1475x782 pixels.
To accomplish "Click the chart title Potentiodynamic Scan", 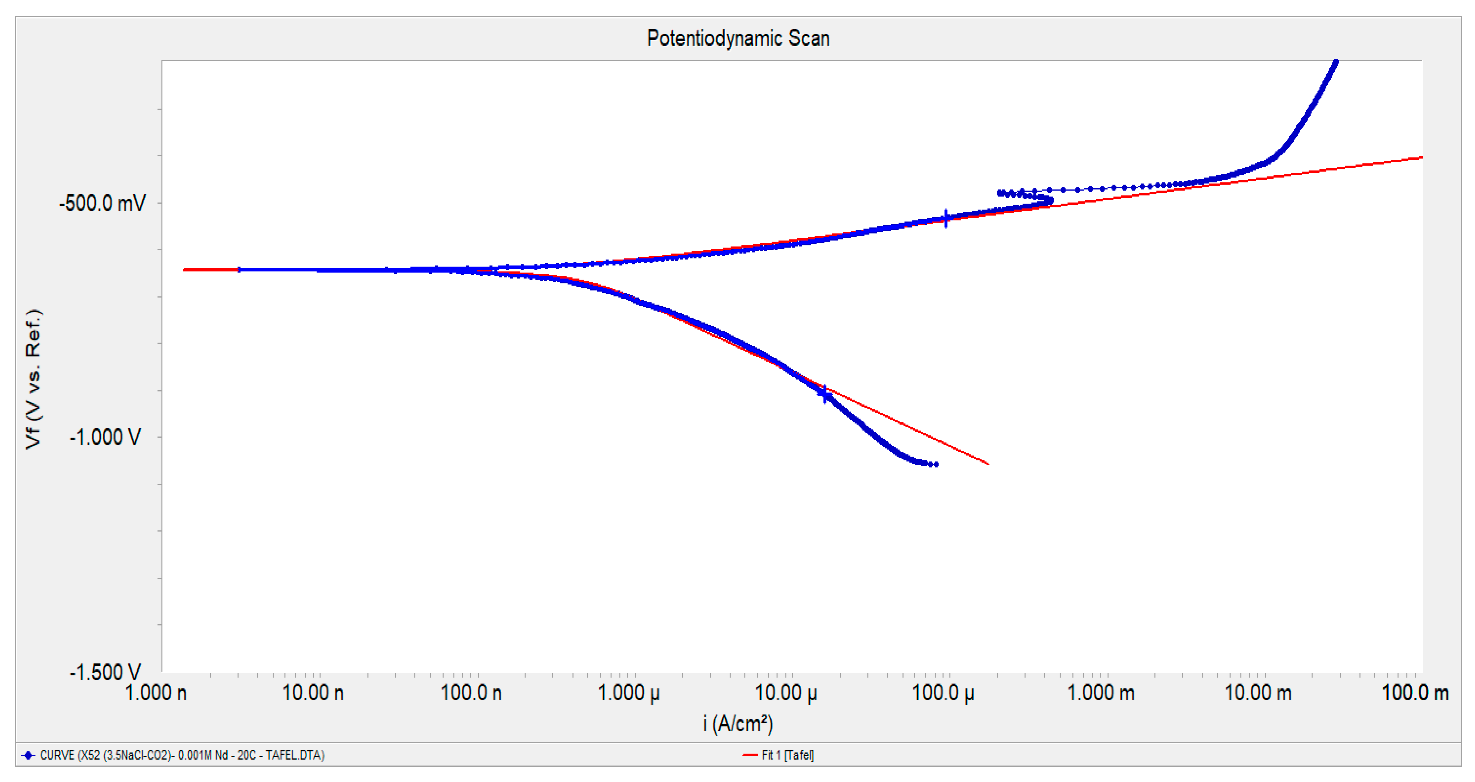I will pyautogui.click(x=738, y=39).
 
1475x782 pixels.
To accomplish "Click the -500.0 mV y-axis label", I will pyautogui.click(x=103, y=203).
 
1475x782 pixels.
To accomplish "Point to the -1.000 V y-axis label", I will pyautogui.click(x=105, y=437).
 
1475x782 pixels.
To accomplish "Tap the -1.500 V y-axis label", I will pyautogui.click(x=105, y=672).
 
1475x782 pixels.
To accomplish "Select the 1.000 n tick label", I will pyautogui.click(x=156, y=693).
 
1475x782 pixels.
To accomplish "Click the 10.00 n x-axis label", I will pyautogui.click(x=313, y=693).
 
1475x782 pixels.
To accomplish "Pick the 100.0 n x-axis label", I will pyautogui.click(x=471, y=693).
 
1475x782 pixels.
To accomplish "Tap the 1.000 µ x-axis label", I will pyautogui.click(x=629, y=693).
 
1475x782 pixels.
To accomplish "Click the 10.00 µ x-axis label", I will pyautogui.click(x=786, y=693).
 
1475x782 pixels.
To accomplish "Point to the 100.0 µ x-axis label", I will pyautogui.click(x=943, y=693).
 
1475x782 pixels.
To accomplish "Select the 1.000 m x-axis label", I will pyautogui.click(x=1101, y=693).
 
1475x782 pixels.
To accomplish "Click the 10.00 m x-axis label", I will pyautogui.click(x=1258, y=693).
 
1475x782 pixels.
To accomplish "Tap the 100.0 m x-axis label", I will pyautogui.click(x=1415, y=693).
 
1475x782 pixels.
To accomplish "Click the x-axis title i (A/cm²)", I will pyautogui.click(x=738, y=724).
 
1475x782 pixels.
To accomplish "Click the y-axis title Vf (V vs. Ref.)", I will pyautogui.click(x=34, y=379).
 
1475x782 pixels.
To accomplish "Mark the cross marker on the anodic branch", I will pyautogui.click(x=945, y=218).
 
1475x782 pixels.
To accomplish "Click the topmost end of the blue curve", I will pyautogui.click(x=1336, y=61).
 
